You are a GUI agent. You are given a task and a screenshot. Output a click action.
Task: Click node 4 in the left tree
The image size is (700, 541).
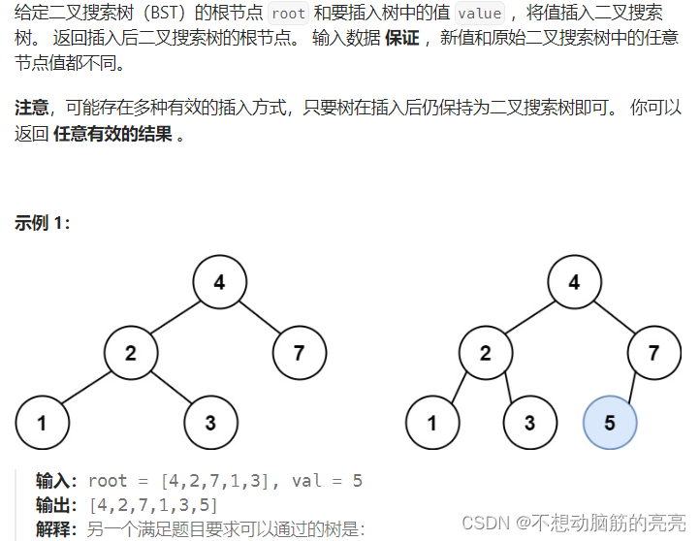[x=219, y=282]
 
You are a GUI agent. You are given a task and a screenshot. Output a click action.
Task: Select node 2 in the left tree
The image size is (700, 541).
[x=130, y=353]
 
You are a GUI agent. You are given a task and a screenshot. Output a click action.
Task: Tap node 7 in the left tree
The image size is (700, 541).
[x=298, y=353]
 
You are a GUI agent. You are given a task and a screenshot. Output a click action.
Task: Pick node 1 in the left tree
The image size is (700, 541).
[x=42, y=423]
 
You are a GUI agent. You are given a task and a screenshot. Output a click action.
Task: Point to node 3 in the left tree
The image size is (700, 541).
[x=210, y=423]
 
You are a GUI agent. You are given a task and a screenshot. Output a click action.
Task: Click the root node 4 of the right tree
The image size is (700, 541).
[x=574, y=282]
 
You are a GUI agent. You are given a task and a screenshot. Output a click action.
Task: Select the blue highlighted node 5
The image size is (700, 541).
[x=609, y=423]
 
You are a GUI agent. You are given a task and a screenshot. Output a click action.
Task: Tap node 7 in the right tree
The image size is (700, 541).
[x=652, y=353]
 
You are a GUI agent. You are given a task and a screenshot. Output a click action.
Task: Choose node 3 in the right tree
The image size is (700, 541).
[x=529, y=423]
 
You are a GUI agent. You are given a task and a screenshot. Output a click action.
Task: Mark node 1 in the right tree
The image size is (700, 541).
[x=431, y=423]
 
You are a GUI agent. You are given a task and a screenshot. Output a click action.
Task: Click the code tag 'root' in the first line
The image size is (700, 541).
[x=288, y=15]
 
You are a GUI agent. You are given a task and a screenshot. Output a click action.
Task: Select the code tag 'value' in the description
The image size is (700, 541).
[x=479, y=15]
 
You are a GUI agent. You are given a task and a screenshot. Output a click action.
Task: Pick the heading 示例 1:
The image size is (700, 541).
[x=43, y=223]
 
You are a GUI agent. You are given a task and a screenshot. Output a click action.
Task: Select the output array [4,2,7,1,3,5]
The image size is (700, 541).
[x=153, y=506]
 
